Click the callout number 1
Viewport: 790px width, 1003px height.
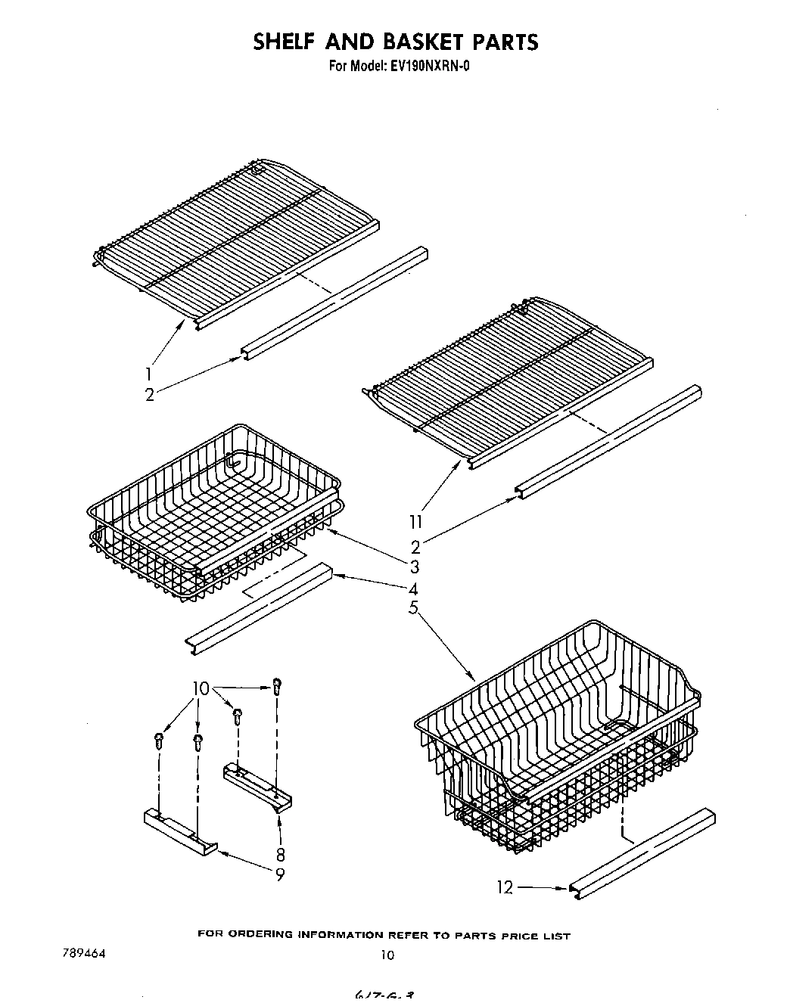pyautogui.click(x=148, y=374)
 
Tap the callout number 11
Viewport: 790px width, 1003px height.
pyautogui.click(x=415, y=521)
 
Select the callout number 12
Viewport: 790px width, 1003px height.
pyautogui.click(x=505, y=887)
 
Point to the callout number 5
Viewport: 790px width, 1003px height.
pyautogui.click(x=413, y=607)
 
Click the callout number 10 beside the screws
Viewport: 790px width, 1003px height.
pyautogui.click(x=200, y=688)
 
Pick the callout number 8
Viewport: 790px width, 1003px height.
pyautogui.click(x=280, y=855)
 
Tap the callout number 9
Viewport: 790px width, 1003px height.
pyautogui.click(x=280, y=874)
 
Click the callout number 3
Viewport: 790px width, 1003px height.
pyautogui.click(x=414, y=567)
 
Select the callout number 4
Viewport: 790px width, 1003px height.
pyautogui.click(x=414, y=588)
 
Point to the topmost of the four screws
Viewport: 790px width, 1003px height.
pyautogui.click(x=277, y=685)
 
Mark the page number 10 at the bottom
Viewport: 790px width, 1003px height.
pyautogui.click(x=387, y=955)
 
